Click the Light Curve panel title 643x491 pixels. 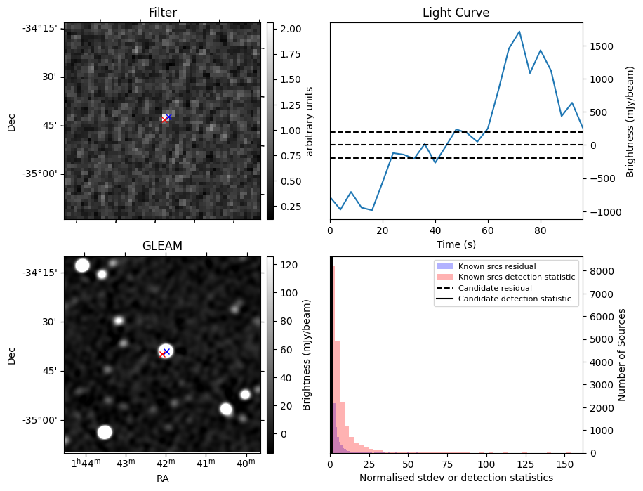pyautogui.click(x=456, y=13)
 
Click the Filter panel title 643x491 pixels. pyautogui.click(x=163, y=13)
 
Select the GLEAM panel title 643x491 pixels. pyautogui.click(x=162, y=246)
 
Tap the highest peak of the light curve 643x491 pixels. pyautogui.click(x=519, y=32)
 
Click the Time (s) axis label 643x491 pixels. pyautogui.click(x=456, y=243)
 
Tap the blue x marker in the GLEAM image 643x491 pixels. pyautogui.click(x=166, y=351)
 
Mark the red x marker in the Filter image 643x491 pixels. pyautogui.click(x=164, y=120)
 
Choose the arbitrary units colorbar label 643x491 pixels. pyautogui.click(x=310, y=121)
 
